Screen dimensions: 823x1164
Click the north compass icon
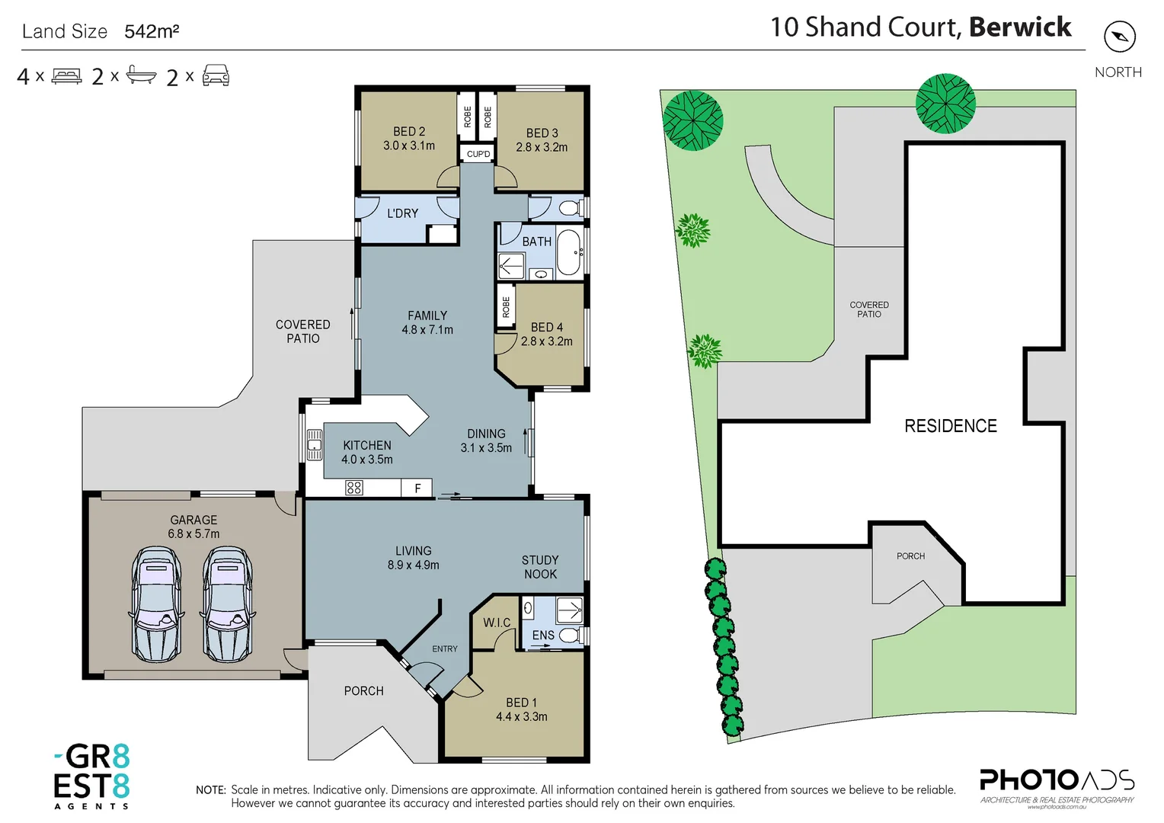[x=1119, y=37]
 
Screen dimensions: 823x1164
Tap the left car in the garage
[x=157, y=604]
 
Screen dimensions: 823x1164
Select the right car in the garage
[x=227, y=604]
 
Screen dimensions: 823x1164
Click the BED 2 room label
[x=409, y=139]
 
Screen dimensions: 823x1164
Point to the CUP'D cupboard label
[x=478, y=154]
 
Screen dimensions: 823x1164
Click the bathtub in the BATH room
[x=568, y=252]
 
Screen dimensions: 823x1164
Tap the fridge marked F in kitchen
[x=417, y=488]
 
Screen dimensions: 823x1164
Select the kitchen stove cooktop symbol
[x=354, y=488]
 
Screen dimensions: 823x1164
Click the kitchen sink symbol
[x=314, y=445]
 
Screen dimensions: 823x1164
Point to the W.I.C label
[x=497, y=623]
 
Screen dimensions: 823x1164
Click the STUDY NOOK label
[x=540, y=567]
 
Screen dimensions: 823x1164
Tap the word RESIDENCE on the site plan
[x=950, y=426]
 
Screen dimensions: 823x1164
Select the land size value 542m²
[x=152, y=31]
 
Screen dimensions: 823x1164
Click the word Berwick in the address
[x=1020, y=27]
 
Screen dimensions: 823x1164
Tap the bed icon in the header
[x=66, y=76]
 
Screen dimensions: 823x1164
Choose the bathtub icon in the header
[x=141, y=75]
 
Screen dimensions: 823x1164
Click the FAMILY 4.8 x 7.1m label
[x=427, y=322]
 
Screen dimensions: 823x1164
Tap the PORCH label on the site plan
[x=910, y=556]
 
